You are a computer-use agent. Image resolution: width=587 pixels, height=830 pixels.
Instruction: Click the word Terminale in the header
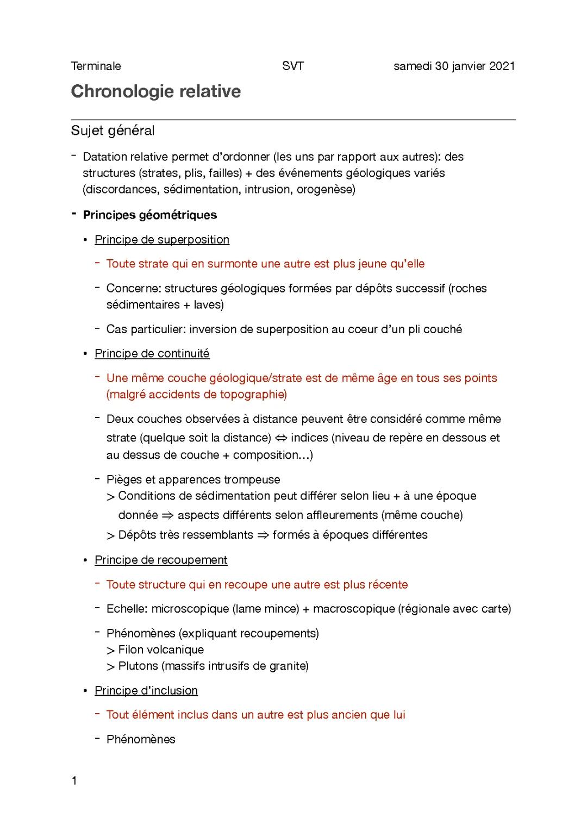[96, 66]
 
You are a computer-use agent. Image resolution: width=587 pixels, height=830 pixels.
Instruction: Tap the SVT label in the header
[293, 66]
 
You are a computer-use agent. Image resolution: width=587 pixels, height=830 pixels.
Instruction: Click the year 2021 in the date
[502, 66]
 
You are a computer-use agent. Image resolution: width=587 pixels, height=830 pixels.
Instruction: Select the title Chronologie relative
[156, 91]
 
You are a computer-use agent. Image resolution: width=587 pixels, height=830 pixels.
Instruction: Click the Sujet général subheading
[113, 131]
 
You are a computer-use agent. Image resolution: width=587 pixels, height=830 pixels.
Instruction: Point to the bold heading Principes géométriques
[149, 215]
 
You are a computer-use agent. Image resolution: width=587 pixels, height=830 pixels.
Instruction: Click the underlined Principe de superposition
[162, 240]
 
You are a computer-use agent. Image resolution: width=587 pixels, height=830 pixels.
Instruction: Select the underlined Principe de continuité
[152, 354]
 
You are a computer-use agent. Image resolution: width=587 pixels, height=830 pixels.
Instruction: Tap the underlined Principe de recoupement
[161, 560]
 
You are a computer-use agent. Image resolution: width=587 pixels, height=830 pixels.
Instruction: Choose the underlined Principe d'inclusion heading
[146, 691]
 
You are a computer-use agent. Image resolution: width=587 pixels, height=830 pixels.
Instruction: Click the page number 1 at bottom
[74, 782]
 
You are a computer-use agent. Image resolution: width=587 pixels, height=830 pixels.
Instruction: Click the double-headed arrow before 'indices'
[281, 438]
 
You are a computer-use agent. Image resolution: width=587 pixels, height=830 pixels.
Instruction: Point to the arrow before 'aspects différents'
[167, 515]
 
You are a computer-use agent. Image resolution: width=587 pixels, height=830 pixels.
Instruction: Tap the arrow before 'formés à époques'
[263, 535]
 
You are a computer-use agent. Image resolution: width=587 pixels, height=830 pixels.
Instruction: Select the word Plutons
[138, 666]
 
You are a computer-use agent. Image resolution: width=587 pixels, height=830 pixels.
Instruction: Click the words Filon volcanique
[161, 650]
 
